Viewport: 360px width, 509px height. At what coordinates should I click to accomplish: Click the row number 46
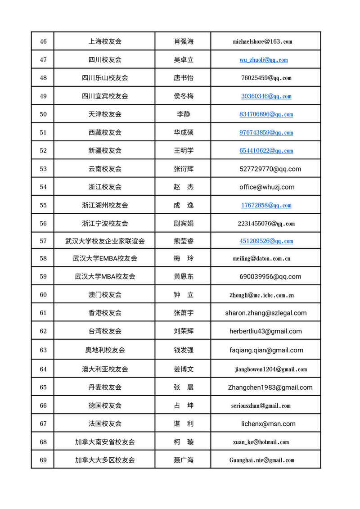[x=43, y=41]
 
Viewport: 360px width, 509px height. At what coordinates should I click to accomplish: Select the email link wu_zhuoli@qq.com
[x=263, y=60]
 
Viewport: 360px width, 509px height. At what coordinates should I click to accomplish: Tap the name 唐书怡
[x=184, y=78]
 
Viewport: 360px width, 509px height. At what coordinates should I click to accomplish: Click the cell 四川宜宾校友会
[x=105, y=96]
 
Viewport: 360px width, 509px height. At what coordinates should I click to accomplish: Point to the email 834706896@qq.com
[x=266, y=114]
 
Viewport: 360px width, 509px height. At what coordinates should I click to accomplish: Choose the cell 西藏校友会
[x=105, y=132]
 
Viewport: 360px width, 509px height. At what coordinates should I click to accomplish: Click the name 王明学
[x=184, y=150]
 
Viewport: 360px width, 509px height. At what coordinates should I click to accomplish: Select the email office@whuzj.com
[x=267, y=187]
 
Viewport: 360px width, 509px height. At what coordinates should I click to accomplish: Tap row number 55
[x=43, y=205]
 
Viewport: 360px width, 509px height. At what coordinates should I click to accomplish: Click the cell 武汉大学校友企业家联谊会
[x=105, y=241]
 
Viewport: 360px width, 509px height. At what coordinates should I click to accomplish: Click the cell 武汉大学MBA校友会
[x=105, y=276]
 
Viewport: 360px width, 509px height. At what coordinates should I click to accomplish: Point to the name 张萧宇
[x=184, y=313]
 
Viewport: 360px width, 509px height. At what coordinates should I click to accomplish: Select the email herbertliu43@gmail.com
[x=265, y=331]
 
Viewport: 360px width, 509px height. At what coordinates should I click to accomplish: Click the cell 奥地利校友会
[x=105, y=350]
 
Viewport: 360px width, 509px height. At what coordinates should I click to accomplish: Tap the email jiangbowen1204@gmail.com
[x=270, y=369]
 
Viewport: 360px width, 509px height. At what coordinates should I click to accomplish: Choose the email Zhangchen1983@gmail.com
[x=270, y=387]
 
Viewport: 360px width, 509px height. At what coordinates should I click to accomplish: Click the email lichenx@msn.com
[x=268, y=423]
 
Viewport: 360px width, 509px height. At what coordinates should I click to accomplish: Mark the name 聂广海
[x=184, y=460]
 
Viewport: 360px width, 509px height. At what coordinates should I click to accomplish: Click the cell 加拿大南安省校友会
[x=105, y=442]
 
